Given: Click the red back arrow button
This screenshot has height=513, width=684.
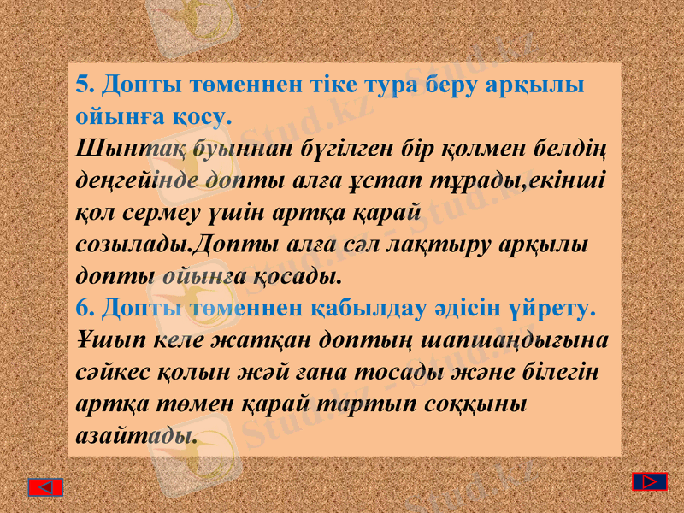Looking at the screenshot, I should click(45, 487).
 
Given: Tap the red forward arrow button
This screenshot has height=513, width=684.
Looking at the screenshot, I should click(650, 481).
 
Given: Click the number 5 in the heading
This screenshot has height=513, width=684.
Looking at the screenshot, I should click(82, 85).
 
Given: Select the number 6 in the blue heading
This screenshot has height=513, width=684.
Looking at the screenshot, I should click(83, 307).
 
